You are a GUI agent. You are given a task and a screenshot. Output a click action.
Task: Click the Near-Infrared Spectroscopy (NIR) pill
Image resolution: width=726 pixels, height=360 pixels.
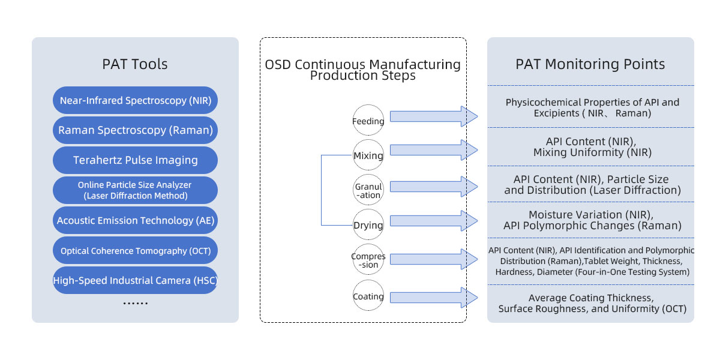point(135,100)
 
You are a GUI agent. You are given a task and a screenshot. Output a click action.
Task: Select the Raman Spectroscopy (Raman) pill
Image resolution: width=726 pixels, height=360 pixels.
point(135,130)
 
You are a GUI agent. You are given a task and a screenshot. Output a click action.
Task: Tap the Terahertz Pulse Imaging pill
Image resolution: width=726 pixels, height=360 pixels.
point(135,160)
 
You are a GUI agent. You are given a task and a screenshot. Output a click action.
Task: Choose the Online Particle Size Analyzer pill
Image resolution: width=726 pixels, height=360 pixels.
point(135,190)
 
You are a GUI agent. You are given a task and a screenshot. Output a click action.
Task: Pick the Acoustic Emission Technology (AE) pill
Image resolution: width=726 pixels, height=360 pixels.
point(135,220)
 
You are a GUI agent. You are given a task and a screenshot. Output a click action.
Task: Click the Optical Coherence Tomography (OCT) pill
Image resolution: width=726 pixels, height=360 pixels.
point(135,250)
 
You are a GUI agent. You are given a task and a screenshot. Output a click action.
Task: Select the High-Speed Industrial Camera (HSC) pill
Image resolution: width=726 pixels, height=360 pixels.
point(135,280)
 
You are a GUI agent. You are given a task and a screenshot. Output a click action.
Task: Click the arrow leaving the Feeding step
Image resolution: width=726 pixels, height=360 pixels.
point(434,116)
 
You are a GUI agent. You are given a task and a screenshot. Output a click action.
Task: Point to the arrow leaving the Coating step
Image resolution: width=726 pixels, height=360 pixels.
point(434,298)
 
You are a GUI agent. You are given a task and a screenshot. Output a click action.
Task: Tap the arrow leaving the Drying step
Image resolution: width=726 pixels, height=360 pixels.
point(434,221)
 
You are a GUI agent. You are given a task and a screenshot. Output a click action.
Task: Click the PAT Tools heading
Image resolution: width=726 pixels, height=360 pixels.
point(135,64)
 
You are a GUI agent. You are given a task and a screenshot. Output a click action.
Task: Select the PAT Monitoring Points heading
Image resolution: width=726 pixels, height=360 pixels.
point(590,64)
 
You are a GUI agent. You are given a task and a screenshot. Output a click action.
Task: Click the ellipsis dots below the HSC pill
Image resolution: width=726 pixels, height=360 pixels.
point(136,303)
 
